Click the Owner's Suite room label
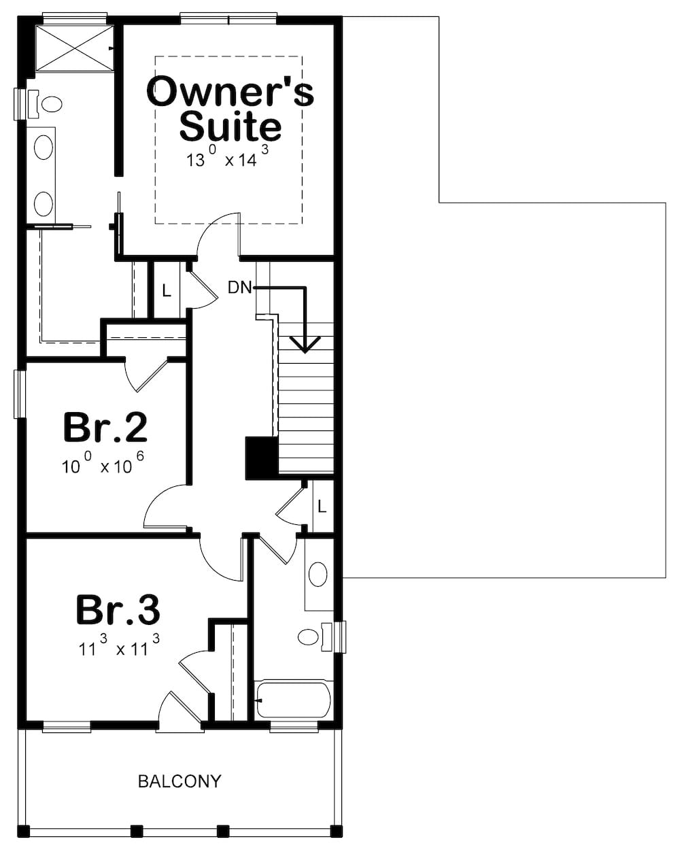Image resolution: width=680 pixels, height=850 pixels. [230, 109]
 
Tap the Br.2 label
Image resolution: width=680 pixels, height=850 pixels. [105, 427]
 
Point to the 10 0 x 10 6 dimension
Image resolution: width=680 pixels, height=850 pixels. [103, 466]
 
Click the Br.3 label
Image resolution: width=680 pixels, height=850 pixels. [118, 609]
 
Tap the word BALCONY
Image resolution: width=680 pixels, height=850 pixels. [180, 781]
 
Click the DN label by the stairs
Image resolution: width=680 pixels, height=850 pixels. [239, 288]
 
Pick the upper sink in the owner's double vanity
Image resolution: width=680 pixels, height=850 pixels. [44, 147]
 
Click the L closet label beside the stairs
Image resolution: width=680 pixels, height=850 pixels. [322, 507]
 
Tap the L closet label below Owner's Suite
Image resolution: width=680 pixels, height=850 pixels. [166, 291]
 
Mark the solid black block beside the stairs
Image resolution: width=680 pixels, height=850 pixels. [261, 457]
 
